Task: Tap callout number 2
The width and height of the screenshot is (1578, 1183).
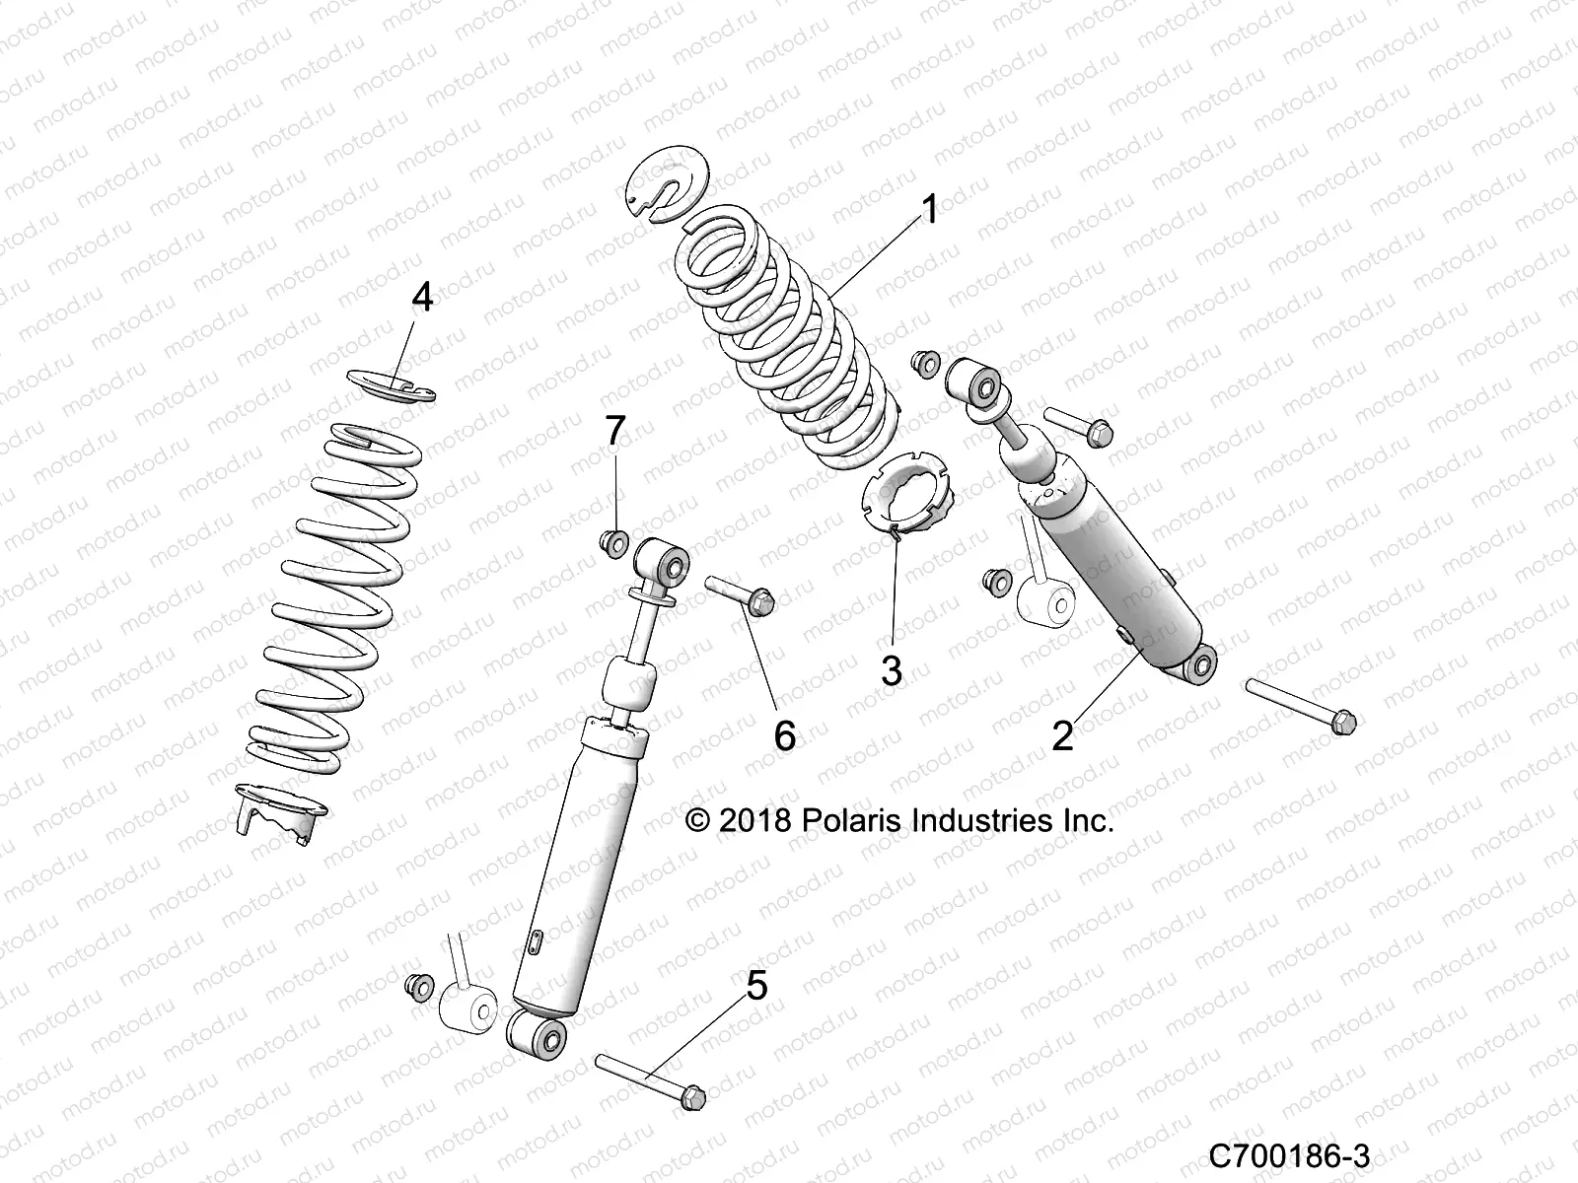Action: click(1062, 734)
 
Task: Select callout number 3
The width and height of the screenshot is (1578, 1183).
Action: click(891, 671)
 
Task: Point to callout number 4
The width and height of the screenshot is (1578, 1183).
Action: click(422, 297)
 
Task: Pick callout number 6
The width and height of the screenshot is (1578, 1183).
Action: click(784, 734)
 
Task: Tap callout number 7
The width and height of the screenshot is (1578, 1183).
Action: click(614, 431)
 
